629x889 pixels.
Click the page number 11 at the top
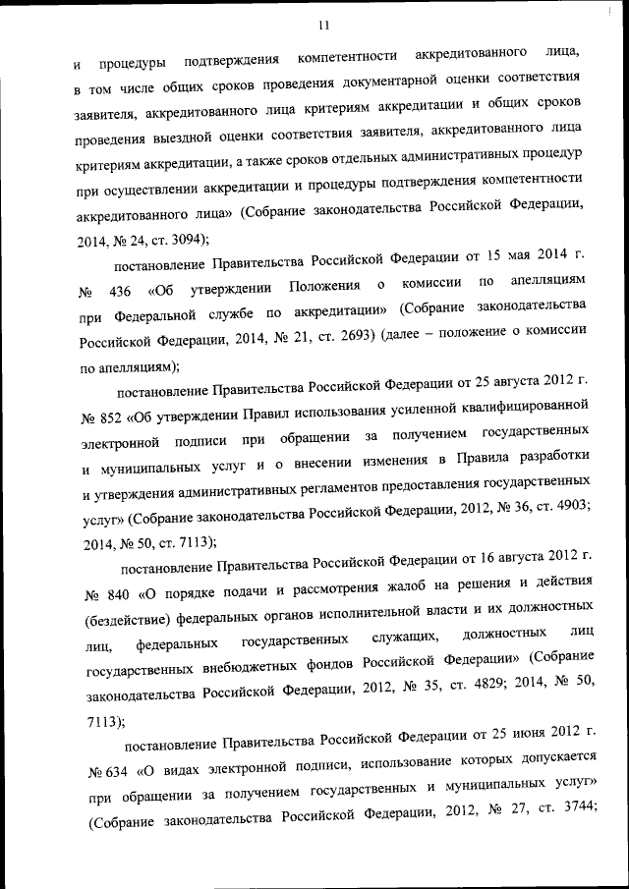point(323,26)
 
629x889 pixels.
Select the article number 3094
point(186,237)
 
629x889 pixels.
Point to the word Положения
point(325,286)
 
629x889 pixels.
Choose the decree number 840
point(117,593)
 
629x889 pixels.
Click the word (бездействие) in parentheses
point(133,621)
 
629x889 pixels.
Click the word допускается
point(547,759)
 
